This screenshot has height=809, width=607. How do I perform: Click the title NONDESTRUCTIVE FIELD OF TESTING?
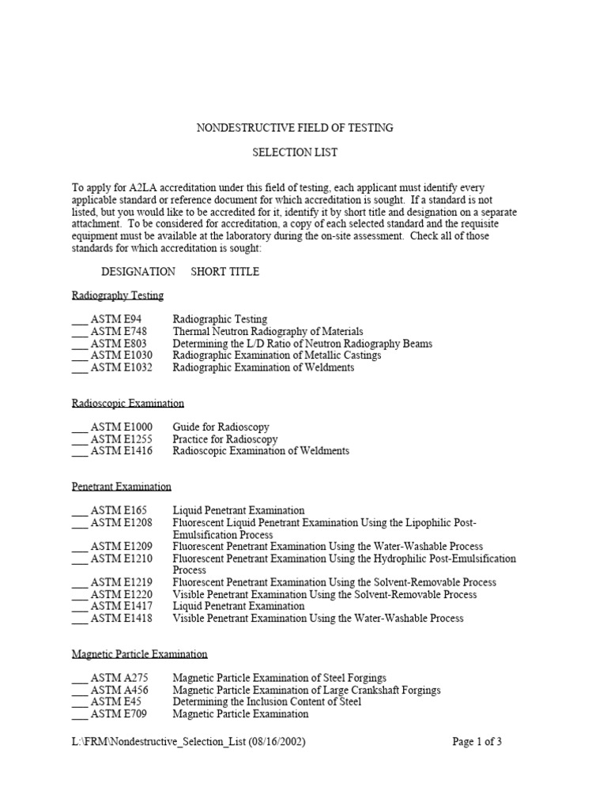point(294,127)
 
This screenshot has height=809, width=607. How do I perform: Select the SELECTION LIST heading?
point(294,151)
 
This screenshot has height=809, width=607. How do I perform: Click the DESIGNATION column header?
point(138,271)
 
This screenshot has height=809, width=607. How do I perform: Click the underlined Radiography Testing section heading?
point(118,295)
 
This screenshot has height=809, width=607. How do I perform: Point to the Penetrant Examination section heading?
point(121,487)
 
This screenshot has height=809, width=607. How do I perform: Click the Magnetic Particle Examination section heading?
point(140,654)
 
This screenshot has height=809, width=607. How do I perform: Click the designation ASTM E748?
point(118,332)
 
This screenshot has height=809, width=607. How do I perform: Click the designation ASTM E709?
point(118,713)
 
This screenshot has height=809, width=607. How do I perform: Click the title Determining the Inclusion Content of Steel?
point(267,702)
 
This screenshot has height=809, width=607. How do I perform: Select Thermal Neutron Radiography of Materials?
point(268,332)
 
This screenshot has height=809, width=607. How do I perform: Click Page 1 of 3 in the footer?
point(477,742)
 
